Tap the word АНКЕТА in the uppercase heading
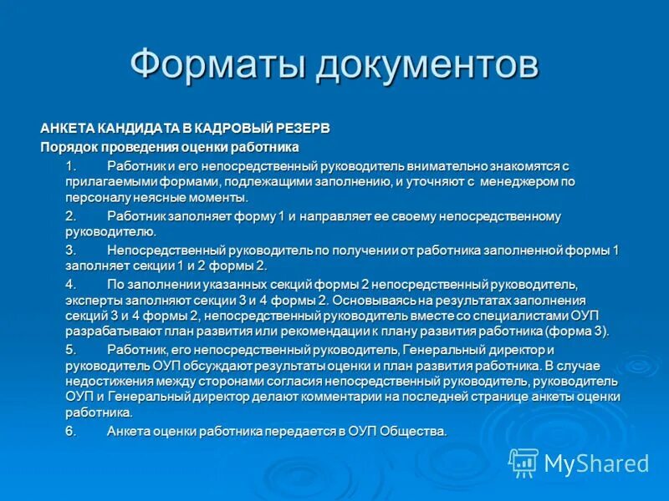[69, 128]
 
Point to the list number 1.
[70, 165]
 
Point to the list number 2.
[70, 216]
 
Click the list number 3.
[70, 250]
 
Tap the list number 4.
[70, 284]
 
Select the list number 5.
[70, 349]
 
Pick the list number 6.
[70, 431]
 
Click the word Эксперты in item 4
[91, 299]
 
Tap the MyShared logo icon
[524, 462]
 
